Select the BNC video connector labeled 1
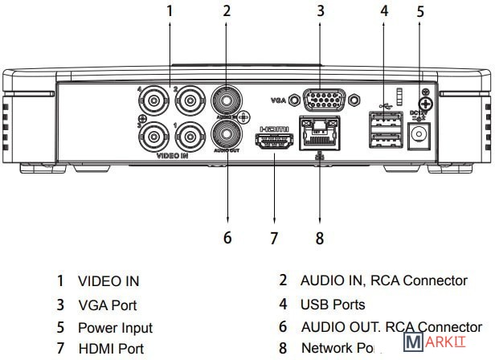click(190, 136)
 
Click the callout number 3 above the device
click(320, 11)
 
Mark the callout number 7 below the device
click(274, 237)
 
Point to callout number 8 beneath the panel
click(320, 237)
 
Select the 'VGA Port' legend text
click(107, 305)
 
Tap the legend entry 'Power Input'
click(115, 327)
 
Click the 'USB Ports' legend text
click(333, 304)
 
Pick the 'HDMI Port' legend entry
click(111, 349)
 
